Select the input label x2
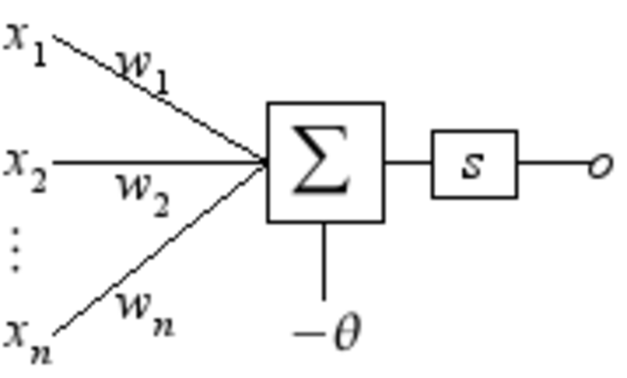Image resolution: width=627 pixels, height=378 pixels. (x=24, y=165)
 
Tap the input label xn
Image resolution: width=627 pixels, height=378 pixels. (x=26, y=338)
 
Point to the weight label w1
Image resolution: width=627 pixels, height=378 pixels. (x=143, y=69)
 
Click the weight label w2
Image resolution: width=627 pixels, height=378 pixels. (x=143, y=191)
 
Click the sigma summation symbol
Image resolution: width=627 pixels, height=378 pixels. (x=324, y=162)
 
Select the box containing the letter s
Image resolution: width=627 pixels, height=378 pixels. (x=474, y=164)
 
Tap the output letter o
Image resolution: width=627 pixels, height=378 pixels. (x=599, y=165)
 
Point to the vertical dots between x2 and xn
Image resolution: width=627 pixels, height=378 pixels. (x=15, y=251)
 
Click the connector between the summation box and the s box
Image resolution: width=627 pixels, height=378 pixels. (x=408, y=163)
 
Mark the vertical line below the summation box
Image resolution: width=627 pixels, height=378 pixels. (x=324, y=260)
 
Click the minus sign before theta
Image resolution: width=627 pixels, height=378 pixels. (x=308, y=335)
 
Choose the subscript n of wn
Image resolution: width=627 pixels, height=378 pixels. (x=162, y=323)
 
